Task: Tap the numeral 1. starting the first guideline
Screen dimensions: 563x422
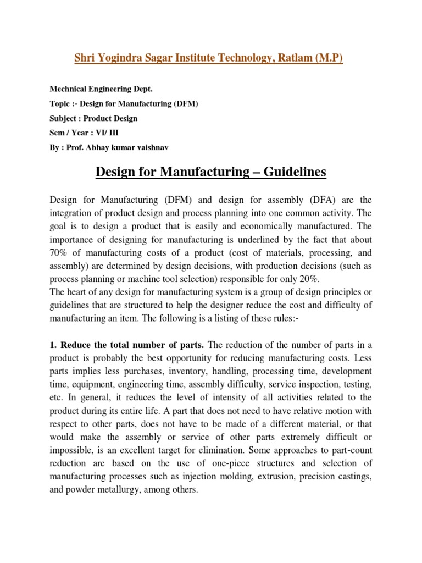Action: (53, 345)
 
